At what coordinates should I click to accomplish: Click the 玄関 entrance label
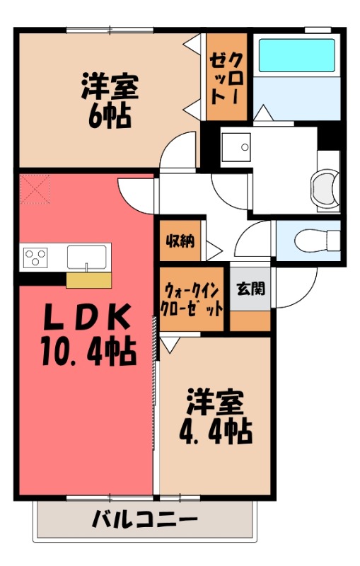point(250,289)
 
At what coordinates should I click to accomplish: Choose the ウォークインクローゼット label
point(192,299)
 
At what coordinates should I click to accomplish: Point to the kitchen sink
point(88,256)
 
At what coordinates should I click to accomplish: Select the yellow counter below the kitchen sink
point(88,280)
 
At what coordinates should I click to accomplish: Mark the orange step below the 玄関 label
point(250,320)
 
